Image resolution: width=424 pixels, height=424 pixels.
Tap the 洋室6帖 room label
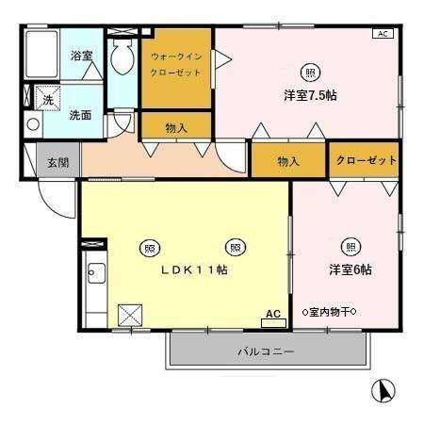(350, 269)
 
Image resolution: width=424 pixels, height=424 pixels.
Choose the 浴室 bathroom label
(81, 56)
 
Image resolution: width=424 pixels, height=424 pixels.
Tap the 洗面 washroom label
(80, 115)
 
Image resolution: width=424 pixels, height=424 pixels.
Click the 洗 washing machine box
(46, 97)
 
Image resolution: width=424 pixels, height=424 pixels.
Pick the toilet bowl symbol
(122, 60)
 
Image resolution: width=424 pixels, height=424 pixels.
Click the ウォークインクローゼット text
(176, 64)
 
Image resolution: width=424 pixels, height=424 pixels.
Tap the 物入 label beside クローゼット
(288, 161)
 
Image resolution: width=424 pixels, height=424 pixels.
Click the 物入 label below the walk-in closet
(176, 127)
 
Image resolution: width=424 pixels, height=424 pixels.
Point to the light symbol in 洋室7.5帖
(310, 72)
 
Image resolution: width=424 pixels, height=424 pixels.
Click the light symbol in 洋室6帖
(350, 247)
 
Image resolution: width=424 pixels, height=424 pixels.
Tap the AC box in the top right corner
(383, 34)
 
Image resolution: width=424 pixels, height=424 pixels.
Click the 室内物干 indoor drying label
(330, 312)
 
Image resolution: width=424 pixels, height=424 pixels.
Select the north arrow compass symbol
(384, 388)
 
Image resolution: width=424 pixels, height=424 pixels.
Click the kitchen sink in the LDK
(94, 276)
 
